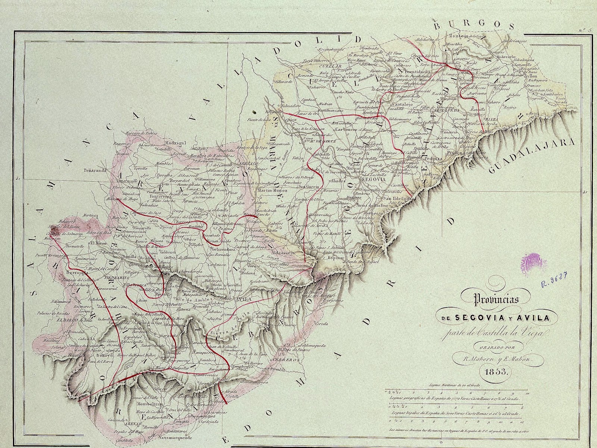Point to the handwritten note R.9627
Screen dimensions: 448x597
click(x=554, y=280)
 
